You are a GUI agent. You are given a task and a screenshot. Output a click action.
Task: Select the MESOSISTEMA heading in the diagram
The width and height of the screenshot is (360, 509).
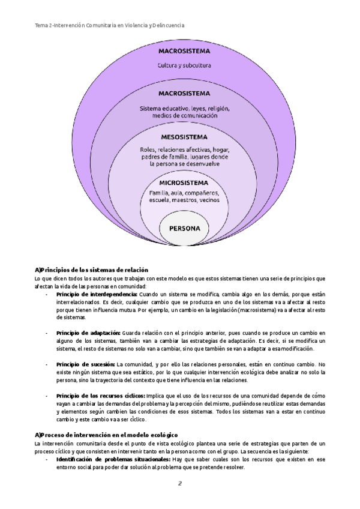click(184, 137)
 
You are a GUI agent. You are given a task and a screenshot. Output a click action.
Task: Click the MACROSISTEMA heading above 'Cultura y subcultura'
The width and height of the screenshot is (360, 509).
click(184, 52)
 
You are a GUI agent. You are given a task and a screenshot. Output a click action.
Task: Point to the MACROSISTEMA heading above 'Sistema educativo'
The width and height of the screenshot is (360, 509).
click(184, 94)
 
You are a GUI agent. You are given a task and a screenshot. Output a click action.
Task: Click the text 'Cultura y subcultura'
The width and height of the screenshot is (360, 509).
click(184, 65)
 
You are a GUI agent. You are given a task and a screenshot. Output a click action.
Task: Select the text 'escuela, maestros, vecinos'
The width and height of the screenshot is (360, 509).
click(184, 201)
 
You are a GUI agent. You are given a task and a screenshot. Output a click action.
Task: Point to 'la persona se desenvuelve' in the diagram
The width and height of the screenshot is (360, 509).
click(184, 163)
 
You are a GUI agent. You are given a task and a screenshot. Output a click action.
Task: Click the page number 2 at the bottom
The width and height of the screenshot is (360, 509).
click(179, 484)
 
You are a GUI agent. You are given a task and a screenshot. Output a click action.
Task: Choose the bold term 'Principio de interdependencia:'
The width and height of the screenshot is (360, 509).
click(97, 295)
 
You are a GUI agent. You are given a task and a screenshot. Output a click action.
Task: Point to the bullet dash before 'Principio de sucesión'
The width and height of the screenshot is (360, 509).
click(47, 364)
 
